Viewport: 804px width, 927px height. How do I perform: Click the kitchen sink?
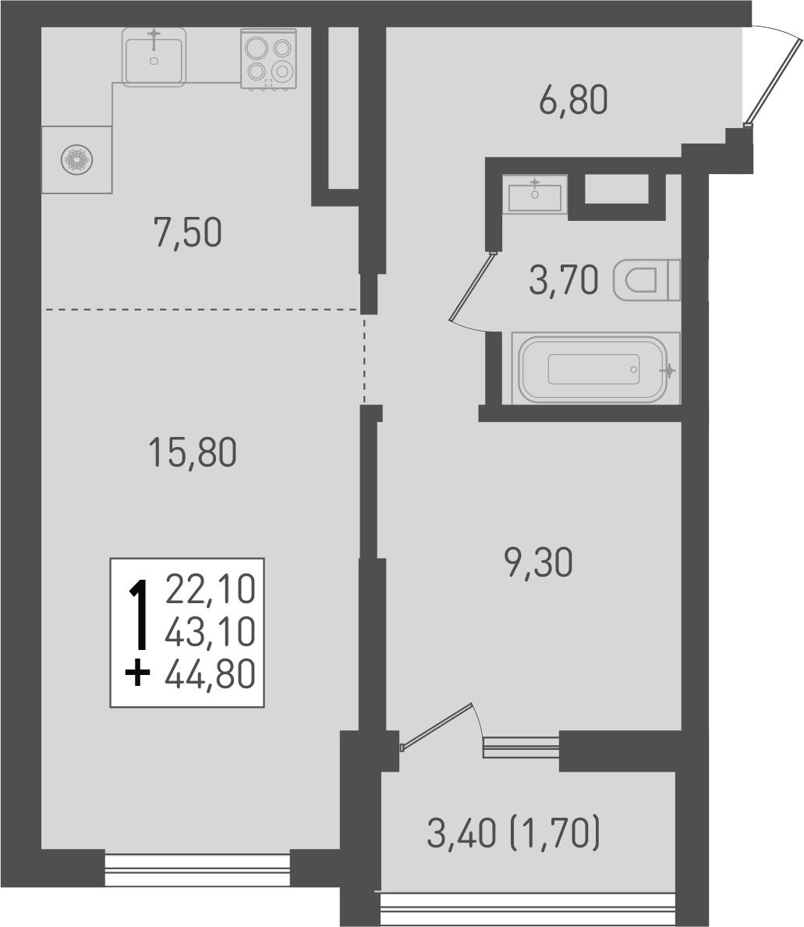154,56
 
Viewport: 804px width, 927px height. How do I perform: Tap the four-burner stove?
268,59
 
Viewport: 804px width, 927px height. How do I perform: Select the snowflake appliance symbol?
76,160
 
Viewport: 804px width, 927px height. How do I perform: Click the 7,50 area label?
188,233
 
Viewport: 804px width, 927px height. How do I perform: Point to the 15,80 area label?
192,453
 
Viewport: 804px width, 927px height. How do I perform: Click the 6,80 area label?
572,101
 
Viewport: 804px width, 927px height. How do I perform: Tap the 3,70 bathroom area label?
563,280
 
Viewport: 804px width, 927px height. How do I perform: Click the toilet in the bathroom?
646,279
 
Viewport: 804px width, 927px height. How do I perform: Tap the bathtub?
595,369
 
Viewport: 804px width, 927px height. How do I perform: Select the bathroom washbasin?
535,194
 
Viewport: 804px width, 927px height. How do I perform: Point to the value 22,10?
211,590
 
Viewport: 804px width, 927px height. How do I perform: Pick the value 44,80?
211,673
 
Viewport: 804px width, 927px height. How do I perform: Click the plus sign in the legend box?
138,672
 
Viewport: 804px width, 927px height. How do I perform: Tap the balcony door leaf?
437,726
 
